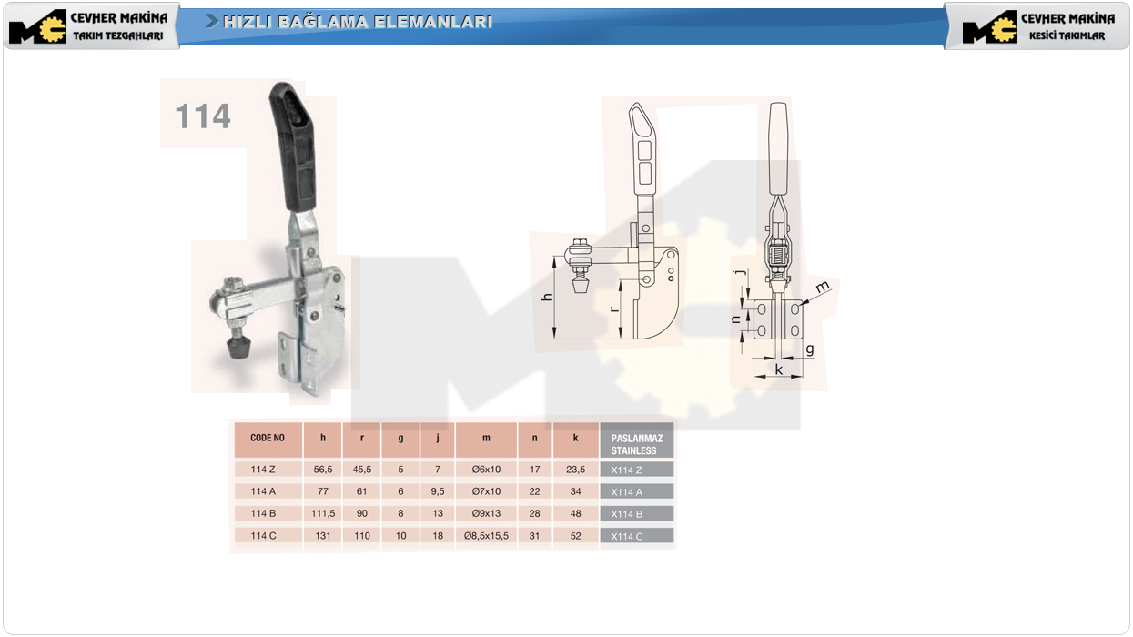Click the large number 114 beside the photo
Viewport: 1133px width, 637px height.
(203, 116)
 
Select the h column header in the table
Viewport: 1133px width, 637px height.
(323, 438)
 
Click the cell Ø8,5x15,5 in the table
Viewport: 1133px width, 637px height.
(486, 536)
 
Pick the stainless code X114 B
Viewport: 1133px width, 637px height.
(627, 514)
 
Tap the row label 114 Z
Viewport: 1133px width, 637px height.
(263, 470)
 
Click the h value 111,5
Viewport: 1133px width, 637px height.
(323, 513)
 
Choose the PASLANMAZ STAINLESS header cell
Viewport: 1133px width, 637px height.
(636, 444)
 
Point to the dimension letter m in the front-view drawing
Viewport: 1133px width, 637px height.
(823, 287)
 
